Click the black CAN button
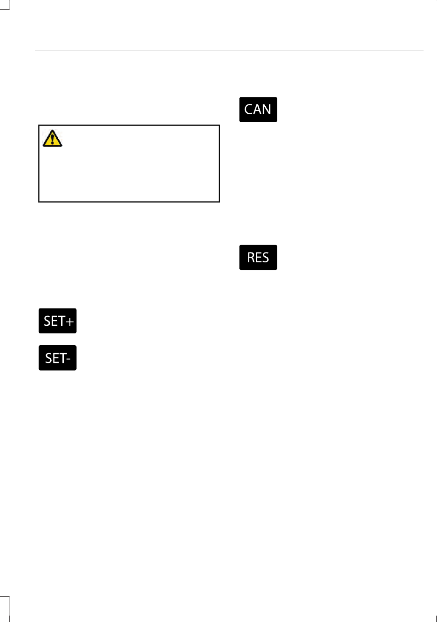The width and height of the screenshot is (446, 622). pos(258,110)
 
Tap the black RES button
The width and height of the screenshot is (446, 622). pos(258,257)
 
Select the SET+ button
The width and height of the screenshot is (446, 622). pos(57,321)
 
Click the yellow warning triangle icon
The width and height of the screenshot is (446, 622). pos(52,138)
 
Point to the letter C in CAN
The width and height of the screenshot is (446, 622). pos(249,110)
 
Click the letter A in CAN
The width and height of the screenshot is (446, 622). pos(258,110)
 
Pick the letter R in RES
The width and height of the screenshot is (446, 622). pos(251,258)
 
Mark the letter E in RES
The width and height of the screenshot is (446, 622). pos(258,258)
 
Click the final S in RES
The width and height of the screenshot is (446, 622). pos(265,258)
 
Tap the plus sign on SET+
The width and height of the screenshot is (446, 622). pos(69,322)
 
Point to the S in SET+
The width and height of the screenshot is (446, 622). pos(47,321)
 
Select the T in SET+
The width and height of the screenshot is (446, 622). pos(61,321)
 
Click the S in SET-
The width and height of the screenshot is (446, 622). pos(49,358)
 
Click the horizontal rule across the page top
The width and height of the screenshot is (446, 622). pos(229,50)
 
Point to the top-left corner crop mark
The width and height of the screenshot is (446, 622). pos(6,6)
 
